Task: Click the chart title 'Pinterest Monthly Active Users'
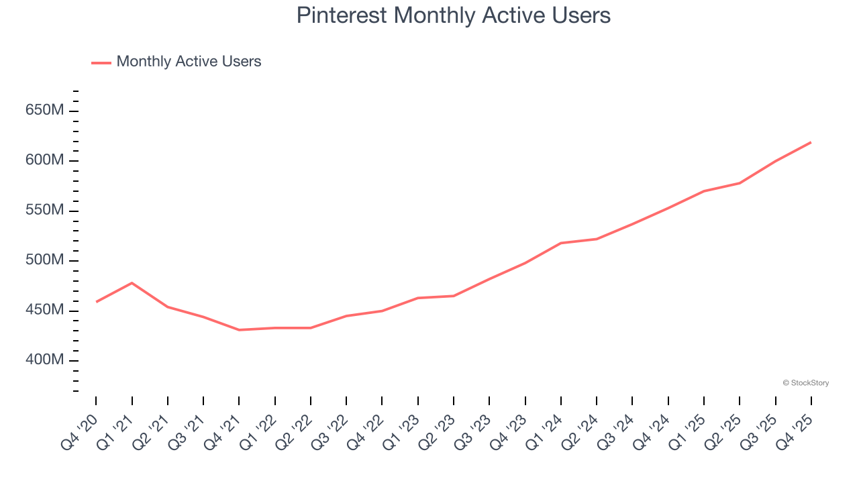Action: [x=454, y=15]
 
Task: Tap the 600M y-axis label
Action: [x=45, y=161]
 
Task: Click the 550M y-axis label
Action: [x=45, y=211]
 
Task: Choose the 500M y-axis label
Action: [x=45, y=261]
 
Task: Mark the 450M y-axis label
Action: [x=45, y=311]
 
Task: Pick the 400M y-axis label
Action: [x=45, y=361]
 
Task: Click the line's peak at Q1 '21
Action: [x=132, y=283]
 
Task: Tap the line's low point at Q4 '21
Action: [x=239, y=330]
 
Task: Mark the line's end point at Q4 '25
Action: [x=811, y=142]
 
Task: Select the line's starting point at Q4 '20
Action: [x=96, y=302]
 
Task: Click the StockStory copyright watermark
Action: [x=805, y=383]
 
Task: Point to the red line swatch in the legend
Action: [x=101, y=62]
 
